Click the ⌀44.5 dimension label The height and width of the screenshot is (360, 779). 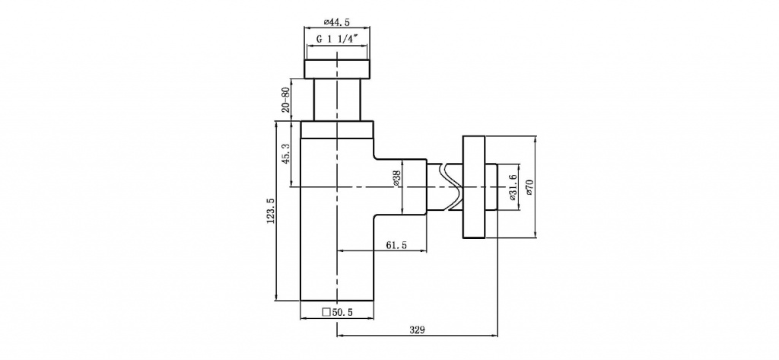337,22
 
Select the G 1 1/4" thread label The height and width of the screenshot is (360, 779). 337,40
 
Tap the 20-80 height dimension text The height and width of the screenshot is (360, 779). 285,100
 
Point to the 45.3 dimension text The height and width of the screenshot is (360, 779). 285,155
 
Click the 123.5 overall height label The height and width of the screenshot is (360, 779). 271,211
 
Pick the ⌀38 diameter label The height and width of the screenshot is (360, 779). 396,178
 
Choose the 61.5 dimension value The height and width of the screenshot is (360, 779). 396,245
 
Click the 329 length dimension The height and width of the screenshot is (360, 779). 417,330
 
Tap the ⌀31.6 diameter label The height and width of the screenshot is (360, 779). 513,186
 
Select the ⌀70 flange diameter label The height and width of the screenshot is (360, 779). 529,186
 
